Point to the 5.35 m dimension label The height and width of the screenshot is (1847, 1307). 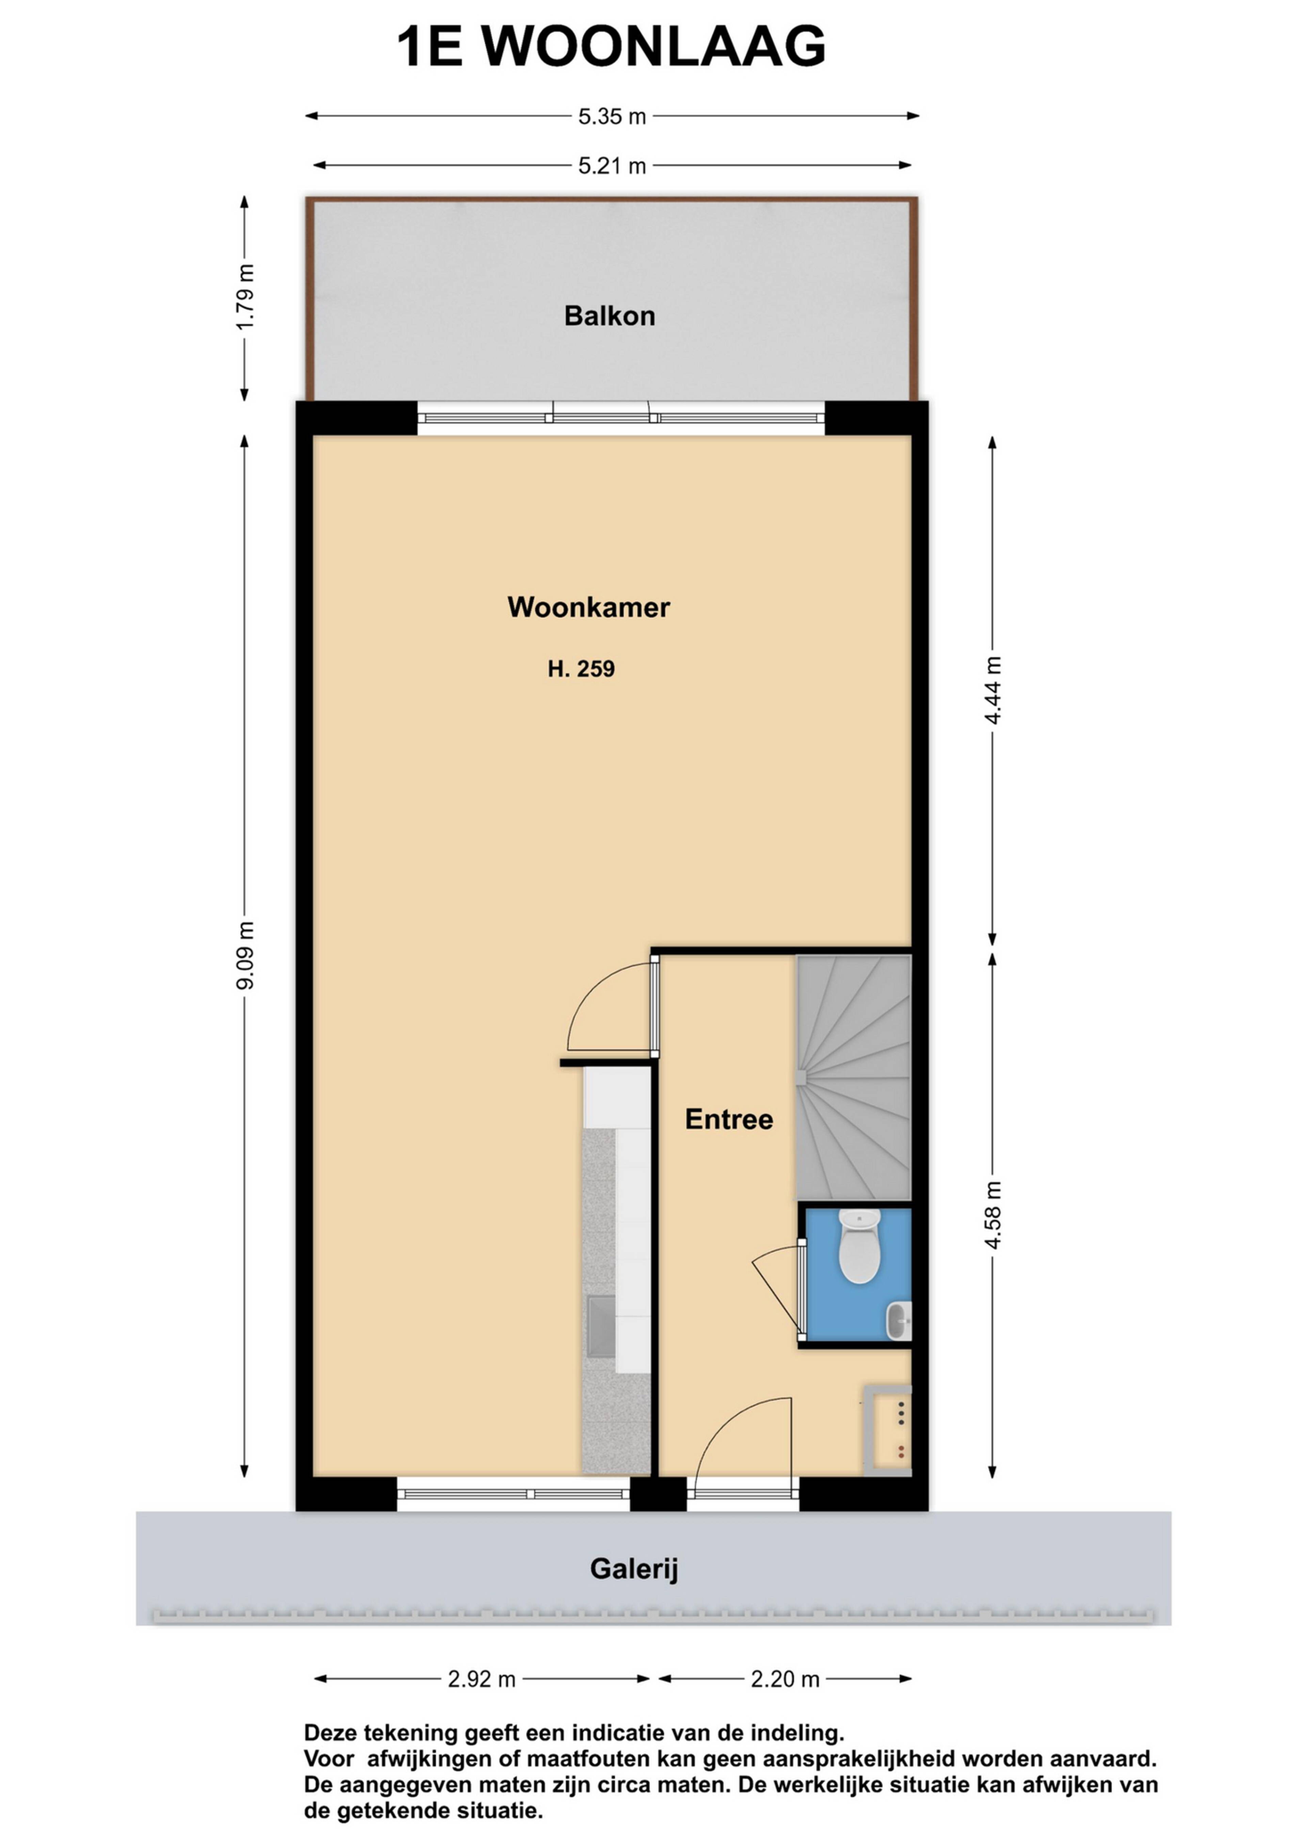(x=612, y=117)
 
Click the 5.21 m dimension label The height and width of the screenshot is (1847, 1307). (x=612, y=166)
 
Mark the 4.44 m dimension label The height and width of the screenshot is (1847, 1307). (x=993, y=690)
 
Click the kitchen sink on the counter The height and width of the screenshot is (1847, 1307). (x=600, y=1325)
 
